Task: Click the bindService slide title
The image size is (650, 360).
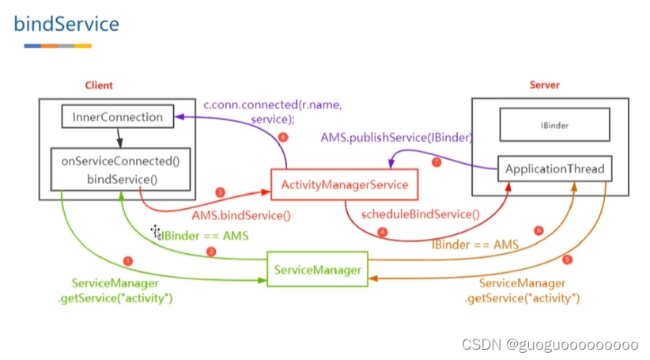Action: click(66, 24)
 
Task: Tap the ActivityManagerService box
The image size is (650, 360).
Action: click(344, 184)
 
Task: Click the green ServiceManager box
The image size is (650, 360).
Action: click(318, 270)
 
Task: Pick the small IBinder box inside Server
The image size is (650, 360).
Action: click(554, 125)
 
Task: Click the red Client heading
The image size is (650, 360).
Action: click(99, 85)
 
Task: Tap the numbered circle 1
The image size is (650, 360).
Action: click(128, 261)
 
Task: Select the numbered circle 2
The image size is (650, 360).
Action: click(211, 252)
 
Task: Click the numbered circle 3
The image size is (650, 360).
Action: click(221, 192)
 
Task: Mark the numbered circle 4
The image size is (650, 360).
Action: click(383, 233)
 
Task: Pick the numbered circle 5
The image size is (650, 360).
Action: click(566, 260)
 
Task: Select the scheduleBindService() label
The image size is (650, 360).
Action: click(420, 214)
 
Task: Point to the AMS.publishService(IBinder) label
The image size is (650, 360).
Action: click(397, 137)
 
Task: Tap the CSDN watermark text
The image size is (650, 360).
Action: click(550, 345)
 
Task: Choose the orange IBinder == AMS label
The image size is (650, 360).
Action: click(475, 245)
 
